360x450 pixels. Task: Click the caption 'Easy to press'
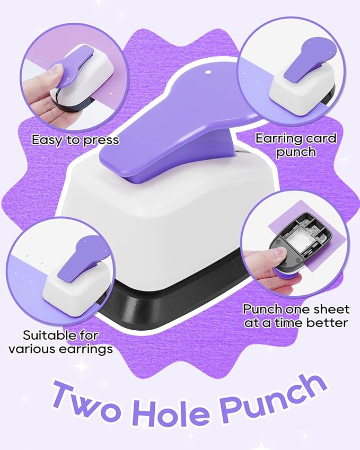(75, 140)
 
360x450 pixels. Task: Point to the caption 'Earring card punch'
(295, 145)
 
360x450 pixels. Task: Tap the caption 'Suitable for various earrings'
(68, 342)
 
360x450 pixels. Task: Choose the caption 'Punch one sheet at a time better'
(296, 316)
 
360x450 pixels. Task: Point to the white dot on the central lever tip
(208, 70)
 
